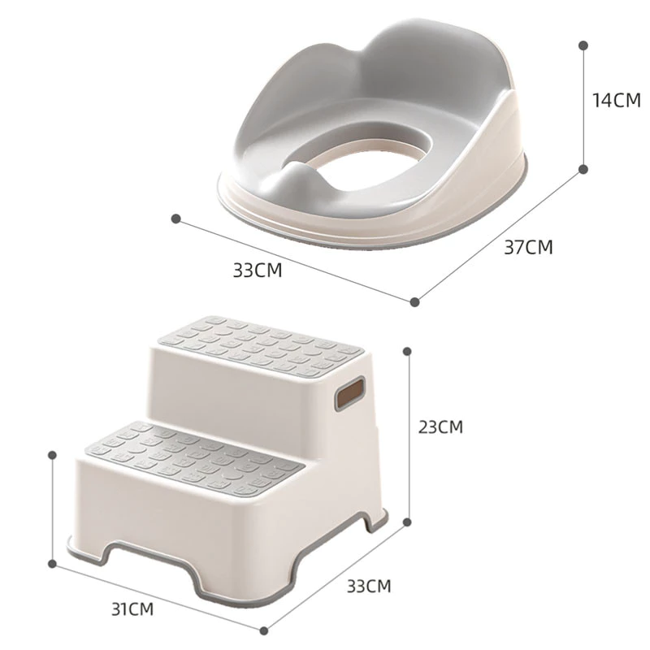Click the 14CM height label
pos(616,100)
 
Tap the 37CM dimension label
pos(528,247)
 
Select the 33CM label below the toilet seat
pos(257,271)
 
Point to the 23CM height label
pos(440,427)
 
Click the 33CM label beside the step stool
pos(369,586)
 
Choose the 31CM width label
pos(132,609)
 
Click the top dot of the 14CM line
pos(583,45)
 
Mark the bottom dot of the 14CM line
pos(583,169)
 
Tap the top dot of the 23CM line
pos(407,352)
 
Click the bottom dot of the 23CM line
pos(407,522)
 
